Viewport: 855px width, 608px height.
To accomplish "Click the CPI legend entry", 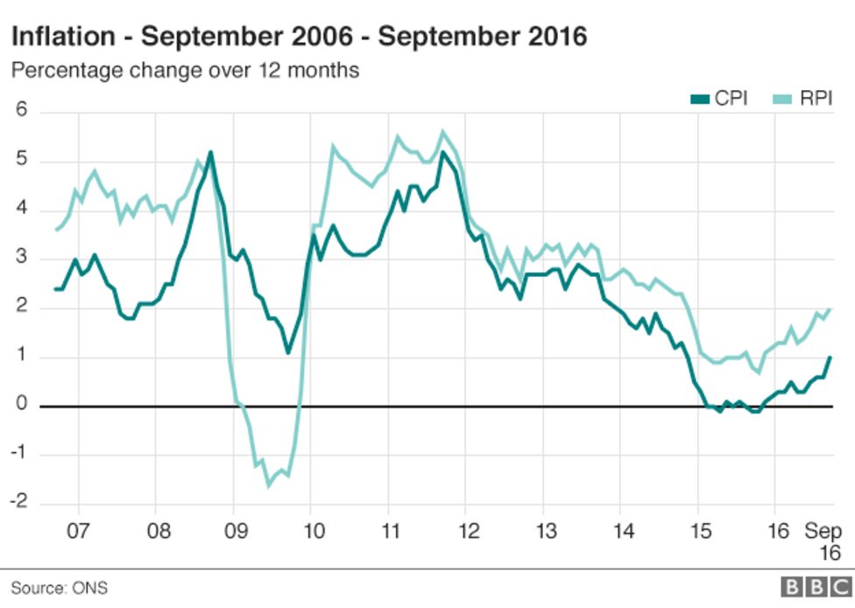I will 718,99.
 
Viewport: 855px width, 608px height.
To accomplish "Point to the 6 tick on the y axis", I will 22,111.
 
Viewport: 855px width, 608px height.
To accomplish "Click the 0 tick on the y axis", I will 22,406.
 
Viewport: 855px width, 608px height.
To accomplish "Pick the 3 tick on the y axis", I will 22,258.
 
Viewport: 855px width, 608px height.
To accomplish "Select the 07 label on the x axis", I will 79,532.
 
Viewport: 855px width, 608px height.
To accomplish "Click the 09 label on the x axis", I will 234,532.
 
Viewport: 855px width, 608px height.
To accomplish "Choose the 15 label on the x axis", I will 698,532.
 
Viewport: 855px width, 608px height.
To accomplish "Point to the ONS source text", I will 91,588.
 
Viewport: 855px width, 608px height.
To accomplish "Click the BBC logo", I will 810,587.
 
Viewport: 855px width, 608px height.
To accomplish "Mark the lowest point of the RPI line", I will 268,484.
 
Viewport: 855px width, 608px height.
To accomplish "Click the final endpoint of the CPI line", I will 830,357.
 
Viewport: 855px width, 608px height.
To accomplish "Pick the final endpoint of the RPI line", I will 830,308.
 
